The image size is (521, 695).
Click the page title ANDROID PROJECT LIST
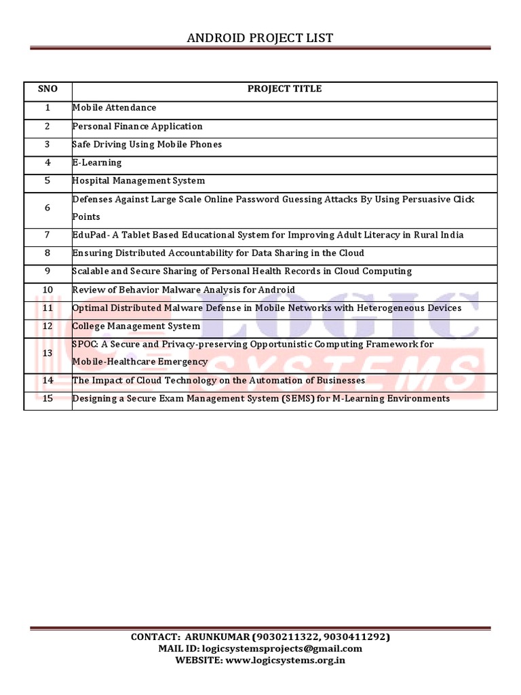point(260,38)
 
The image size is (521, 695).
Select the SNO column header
point(47,89)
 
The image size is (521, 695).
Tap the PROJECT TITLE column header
point(284,89)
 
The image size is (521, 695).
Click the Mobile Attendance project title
point(114,107)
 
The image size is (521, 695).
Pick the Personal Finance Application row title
point(137,126)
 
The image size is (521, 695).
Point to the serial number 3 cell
point(47,145)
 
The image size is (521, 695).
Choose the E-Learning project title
point(97,163)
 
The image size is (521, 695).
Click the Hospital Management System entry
point(138,181)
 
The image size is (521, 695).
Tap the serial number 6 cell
point(47,208)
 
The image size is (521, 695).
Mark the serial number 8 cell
point(47,253)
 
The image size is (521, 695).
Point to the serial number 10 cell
point(47,290)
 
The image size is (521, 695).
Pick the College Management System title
point(136,326)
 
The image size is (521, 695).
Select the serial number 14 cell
point(47,381)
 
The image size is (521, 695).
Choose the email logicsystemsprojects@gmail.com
point(284,649)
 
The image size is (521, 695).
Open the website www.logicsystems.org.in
point(286,660)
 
